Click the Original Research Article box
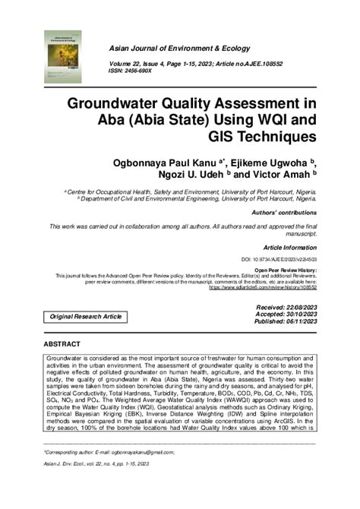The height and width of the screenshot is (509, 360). pyautogui.click(x=84, y=315)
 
